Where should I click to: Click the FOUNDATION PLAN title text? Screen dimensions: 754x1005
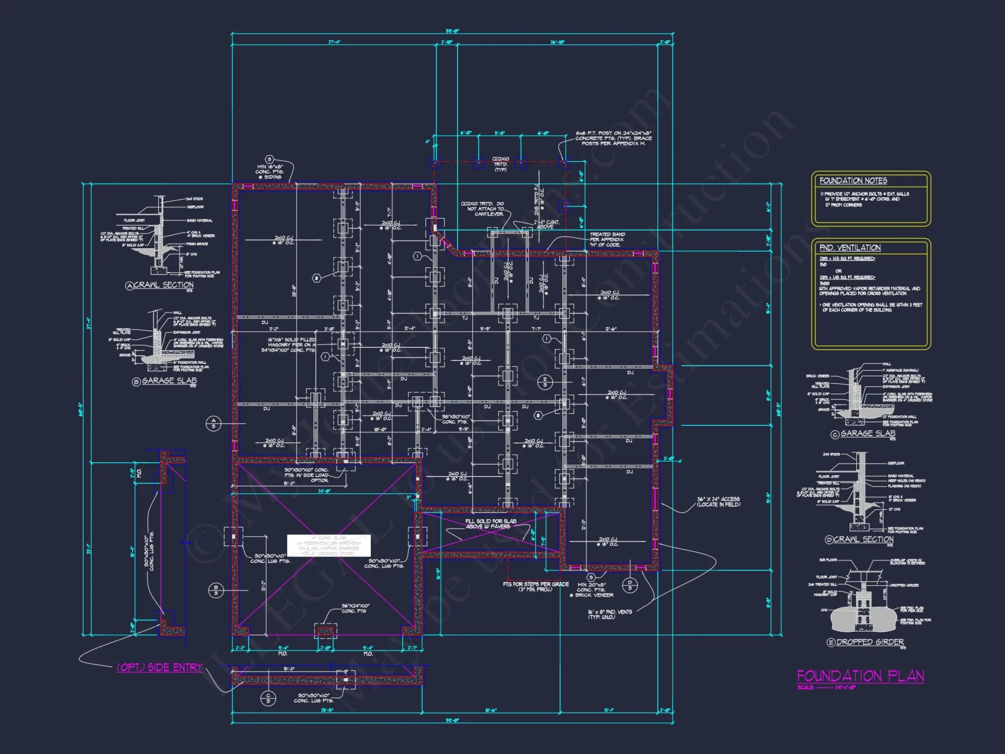(x=860, y=676)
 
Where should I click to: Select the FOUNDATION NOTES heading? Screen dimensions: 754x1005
(x=853, y=180)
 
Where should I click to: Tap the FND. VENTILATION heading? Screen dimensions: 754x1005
(x=850, y=248)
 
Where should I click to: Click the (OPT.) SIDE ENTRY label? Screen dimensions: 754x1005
(x=159, y=667)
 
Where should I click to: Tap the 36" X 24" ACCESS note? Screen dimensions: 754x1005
(x=718, y=502)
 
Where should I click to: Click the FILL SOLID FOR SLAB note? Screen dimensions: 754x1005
(x=490, y=524)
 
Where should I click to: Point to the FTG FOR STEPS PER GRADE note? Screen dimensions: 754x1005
(x=536, y=587)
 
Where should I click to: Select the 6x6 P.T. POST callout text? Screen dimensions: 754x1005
(x=614, y=138)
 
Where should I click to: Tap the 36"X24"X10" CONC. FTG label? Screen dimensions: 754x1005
(x=355, y=608)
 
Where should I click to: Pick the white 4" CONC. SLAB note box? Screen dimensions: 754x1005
(x=329, y=545)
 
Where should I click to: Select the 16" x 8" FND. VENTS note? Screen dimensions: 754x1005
(x=610, y=614)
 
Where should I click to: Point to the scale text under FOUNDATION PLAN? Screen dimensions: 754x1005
(x=826, y=688)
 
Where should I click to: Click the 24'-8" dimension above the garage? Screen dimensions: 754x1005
(x=324, y=491)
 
